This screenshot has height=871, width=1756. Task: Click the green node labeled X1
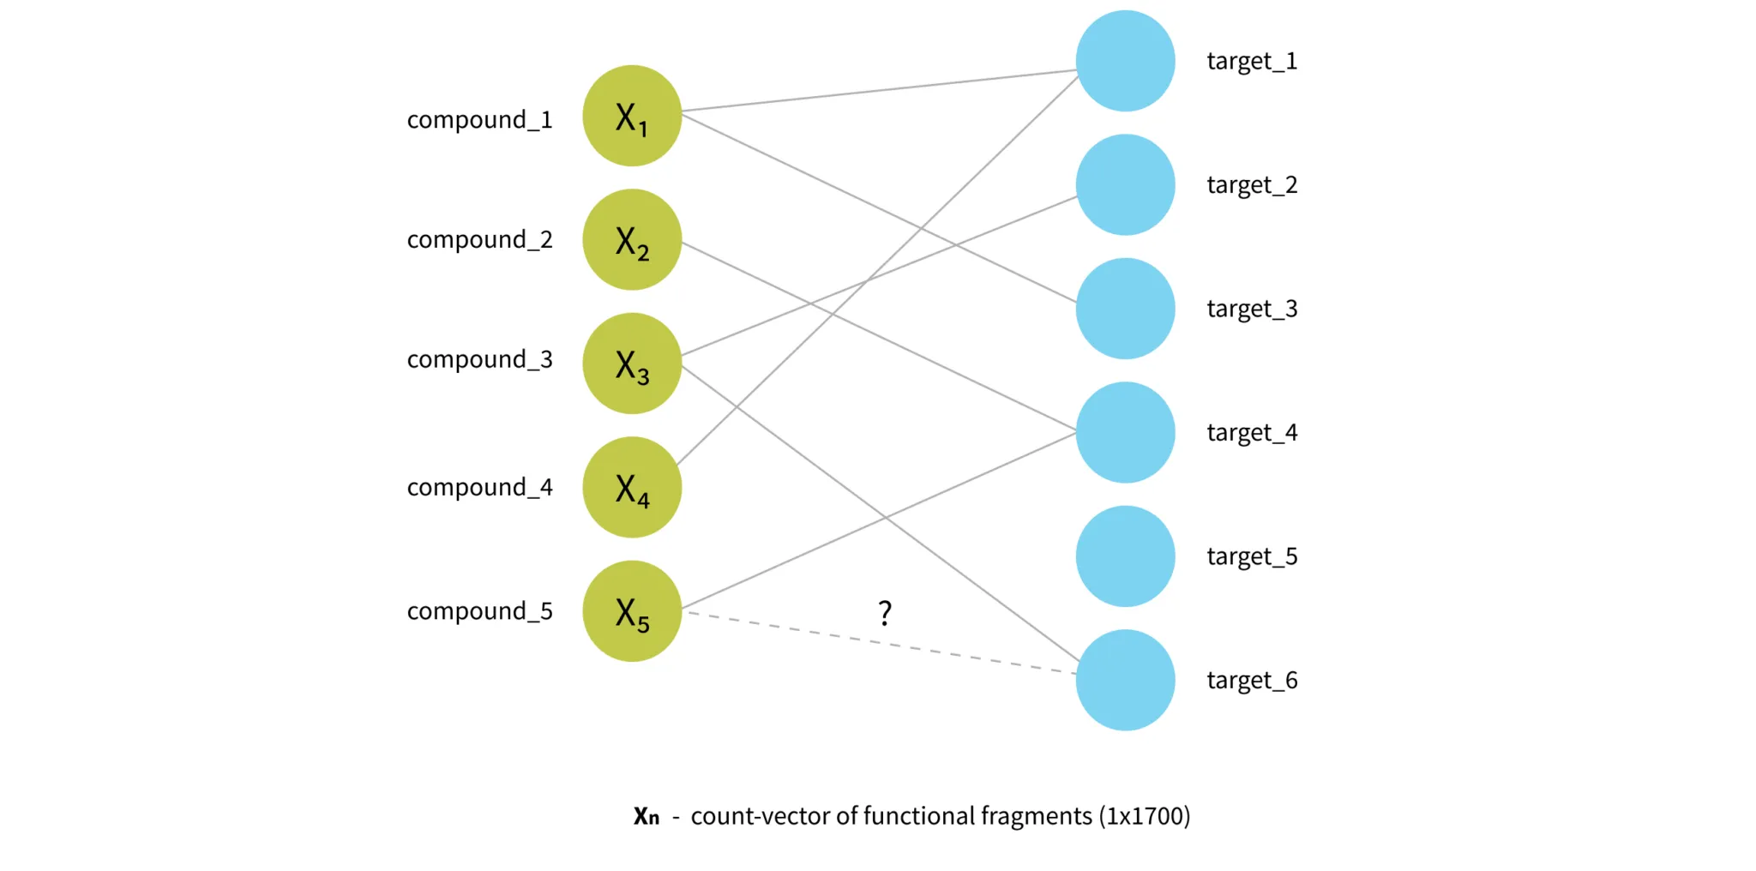coord(632,116)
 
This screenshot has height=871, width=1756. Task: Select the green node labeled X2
coord(632,239)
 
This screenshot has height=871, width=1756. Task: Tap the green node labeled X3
coord(632,363)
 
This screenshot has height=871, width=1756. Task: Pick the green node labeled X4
coord(632,487)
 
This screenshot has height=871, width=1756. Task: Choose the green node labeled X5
coord(632,611)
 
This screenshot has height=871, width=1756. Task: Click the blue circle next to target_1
coord(1125,61)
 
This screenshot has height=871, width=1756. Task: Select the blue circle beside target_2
coord(1125,184)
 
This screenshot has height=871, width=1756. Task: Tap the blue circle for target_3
coord(1125,309)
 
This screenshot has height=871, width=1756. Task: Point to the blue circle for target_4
coord(1125,432)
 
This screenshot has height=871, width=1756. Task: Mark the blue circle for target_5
coord(1125,556)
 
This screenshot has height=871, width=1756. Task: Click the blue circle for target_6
coord(1125,680)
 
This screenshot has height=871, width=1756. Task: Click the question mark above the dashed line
coord(885,612)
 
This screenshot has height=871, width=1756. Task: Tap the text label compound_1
coord(479,120)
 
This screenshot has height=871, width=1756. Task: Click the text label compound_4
coord(479,488)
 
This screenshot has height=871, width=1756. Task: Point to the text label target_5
coord(1252,557)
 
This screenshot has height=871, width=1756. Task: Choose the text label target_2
coord(1252,185)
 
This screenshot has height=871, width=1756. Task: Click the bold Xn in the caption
coord(646,816)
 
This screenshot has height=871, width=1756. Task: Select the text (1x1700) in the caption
coord(1145,816)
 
